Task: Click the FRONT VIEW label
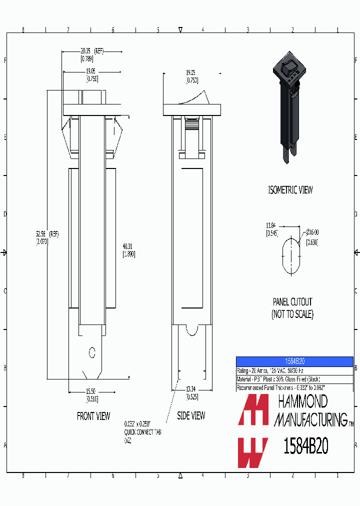[93, 416]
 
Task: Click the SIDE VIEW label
[191, 416]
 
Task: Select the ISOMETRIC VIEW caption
[290, 190]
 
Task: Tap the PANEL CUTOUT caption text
[292, 302]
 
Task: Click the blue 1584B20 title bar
[294, 361]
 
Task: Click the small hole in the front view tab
[91, 352]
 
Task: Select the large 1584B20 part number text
[305, 445]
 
